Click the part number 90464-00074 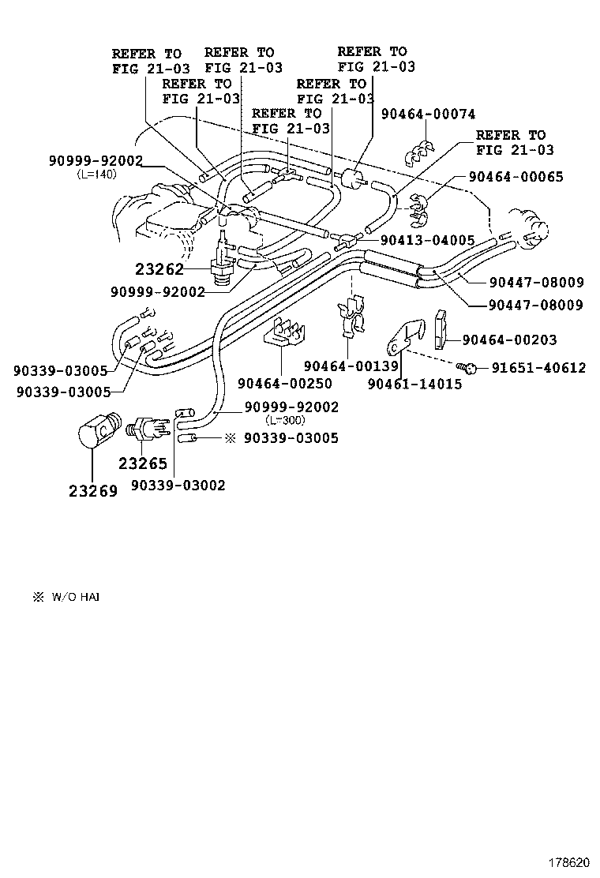click(x=428, y=114)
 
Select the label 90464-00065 click(x=516, y=177)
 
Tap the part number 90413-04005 click(x=427, y=240)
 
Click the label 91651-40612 click(x=538, y=367)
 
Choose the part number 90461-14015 click(x=415, y=384)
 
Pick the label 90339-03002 click(x=178, y=485)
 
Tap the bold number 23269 click(x=92, y=490)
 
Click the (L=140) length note click(x=96, y=174)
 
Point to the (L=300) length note click(x=285, y=420)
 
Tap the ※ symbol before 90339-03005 click(x=231, y=437)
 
